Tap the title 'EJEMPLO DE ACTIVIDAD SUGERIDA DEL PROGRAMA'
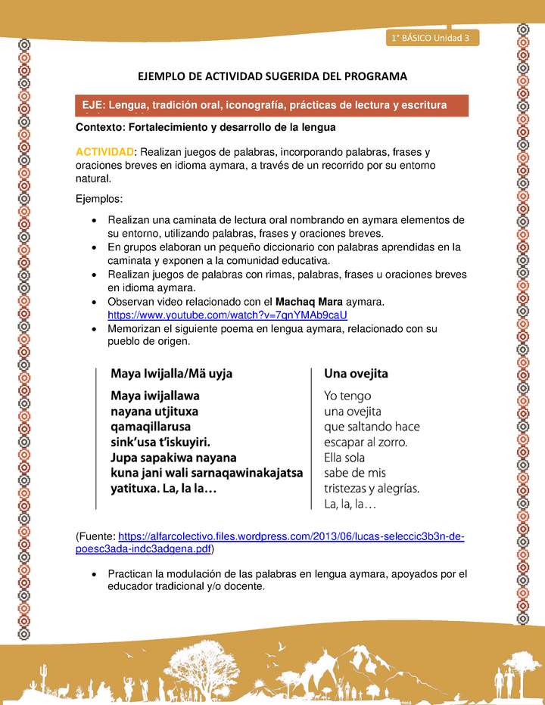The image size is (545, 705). [272, 76]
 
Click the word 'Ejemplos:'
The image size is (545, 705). [99, 199]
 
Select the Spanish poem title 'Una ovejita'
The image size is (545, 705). [356, 374]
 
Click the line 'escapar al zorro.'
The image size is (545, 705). [366, 442]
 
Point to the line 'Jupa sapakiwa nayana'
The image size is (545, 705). [173, 458]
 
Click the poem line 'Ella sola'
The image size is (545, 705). [344, 458]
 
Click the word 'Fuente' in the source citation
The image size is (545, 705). [97, 537]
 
